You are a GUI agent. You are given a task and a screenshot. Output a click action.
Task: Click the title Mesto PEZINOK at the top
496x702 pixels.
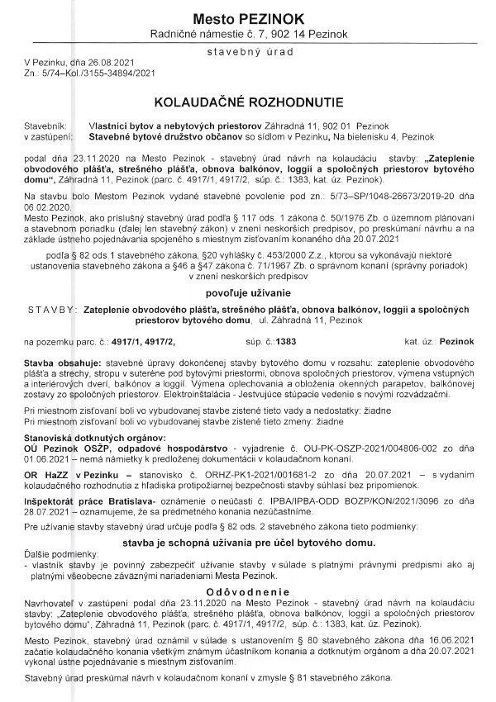pos(247,18)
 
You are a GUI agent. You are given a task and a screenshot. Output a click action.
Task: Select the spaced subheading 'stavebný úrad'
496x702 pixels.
pos(248,53)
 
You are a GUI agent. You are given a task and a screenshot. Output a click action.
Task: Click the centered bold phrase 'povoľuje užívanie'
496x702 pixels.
pos(247,292)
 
